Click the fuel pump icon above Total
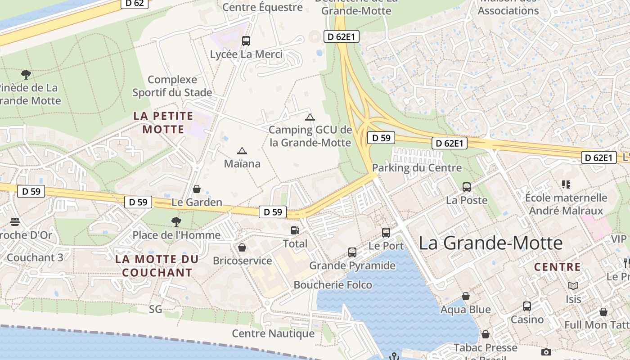click(x=295, y=230)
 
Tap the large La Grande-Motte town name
click(x=490, y=243)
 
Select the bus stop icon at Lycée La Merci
click(x=246, y=41)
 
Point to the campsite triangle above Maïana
click(x=242, y=151)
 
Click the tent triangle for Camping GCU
click(x=310, y=117)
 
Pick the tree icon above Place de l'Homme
click(x=176, y=221)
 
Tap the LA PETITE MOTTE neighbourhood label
click(x=163, y=122)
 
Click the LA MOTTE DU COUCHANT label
click(x=157, y=266)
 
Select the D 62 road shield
click(x=135, y=4)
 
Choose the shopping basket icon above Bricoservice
click(x=242, y=247)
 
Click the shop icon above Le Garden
click(x=197, y=189)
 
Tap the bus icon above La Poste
click(x=467, y=187)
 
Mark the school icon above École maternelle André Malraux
click(x=566, y=184)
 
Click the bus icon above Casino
click(x=527, y=306)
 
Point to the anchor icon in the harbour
click(x=394, y=356)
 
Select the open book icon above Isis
click(x=573, y=286)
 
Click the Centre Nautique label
click(x=273, y=333)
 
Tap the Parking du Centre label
click(x=417, y=168)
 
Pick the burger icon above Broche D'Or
click(x=15, y=221)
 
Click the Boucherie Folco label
click(x=333, y=285)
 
